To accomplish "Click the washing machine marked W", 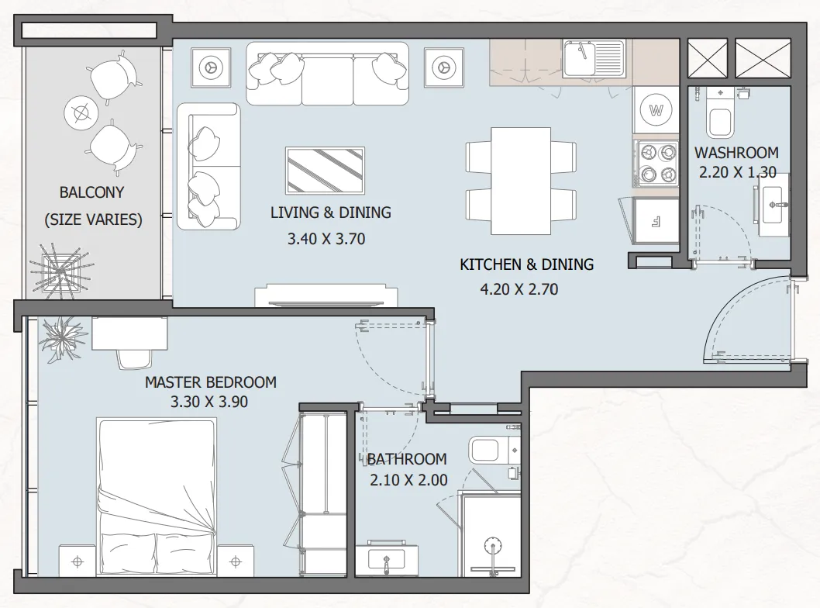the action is pos(656,110).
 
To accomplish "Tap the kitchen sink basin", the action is pos(580,59).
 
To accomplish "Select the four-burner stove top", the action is pos(656,163).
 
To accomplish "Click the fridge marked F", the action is pos(656,221).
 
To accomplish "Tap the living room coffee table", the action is pos(325,171).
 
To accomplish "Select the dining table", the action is pos(520,181).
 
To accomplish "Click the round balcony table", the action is pos(81,112).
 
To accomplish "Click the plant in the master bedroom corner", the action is pos(62,339).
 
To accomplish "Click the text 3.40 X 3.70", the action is pos(326,239).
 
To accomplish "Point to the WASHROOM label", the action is pos(736,153).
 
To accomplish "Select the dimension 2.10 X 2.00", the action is pos(408,480).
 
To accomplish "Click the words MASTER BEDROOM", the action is pos(211,382).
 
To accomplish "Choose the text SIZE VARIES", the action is pos(93,219).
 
